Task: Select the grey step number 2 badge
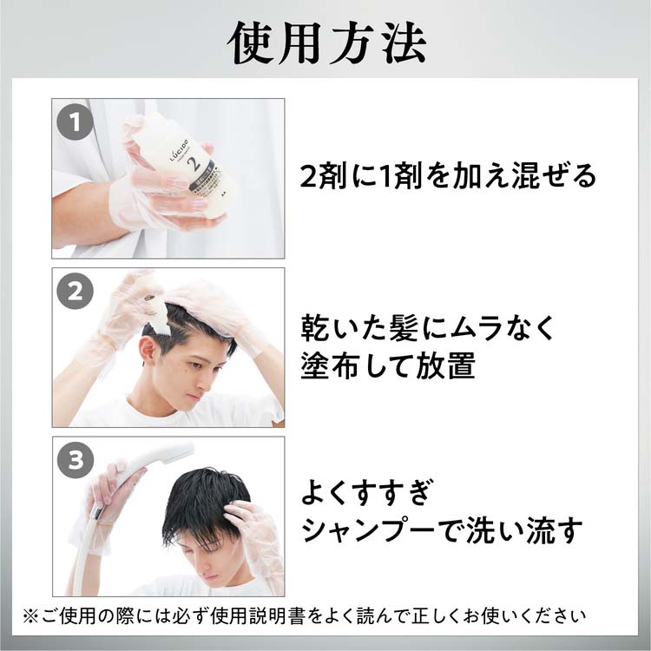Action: [x=76, y=292]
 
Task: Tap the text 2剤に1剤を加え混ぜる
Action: [x=448, y=176]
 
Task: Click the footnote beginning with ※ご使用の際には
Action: [x=304, y=617]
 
